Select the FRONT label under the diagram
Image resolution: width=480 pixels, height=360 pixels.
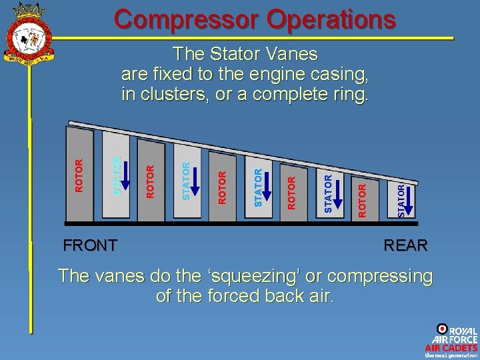pyautogui.click(x=90, y=245)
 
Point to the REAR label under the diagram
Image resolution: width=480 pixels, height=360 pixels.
pyautogui.click(x=405, y=245)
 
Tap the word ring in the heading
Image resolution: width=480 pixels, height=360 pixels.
pyautogui.click(x=349, y=94)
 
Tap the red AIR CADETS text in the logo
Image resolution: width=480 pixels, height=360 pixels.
pyautogui.click(x=451, y=347)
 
